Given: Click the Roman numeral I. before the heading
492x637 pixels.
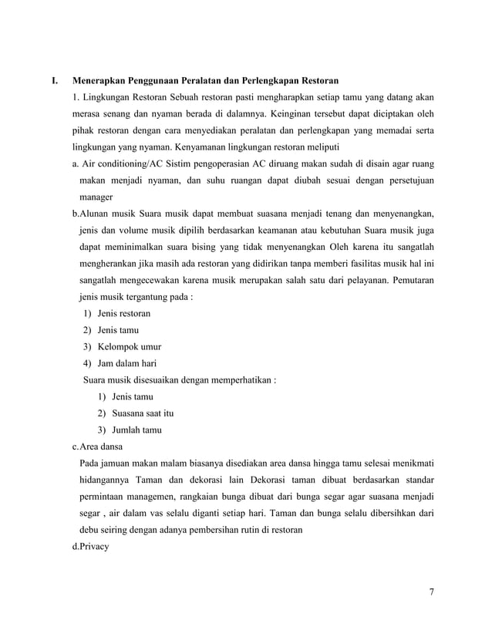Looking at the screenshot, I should tap(54, 80).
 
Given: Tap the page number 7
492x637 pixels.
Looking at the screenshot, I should tap(432, 592).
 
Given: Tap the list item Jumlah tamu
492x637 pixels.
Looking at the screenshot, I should tap(136, 430).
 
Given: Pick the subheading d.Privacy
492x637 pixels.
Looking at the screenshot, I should tap(91, 546).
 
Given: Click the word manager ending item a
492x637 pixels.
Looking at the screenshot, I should tap(96, 197).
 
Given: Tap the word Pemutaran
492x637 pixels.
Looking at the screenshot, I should tap(409, 280).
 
